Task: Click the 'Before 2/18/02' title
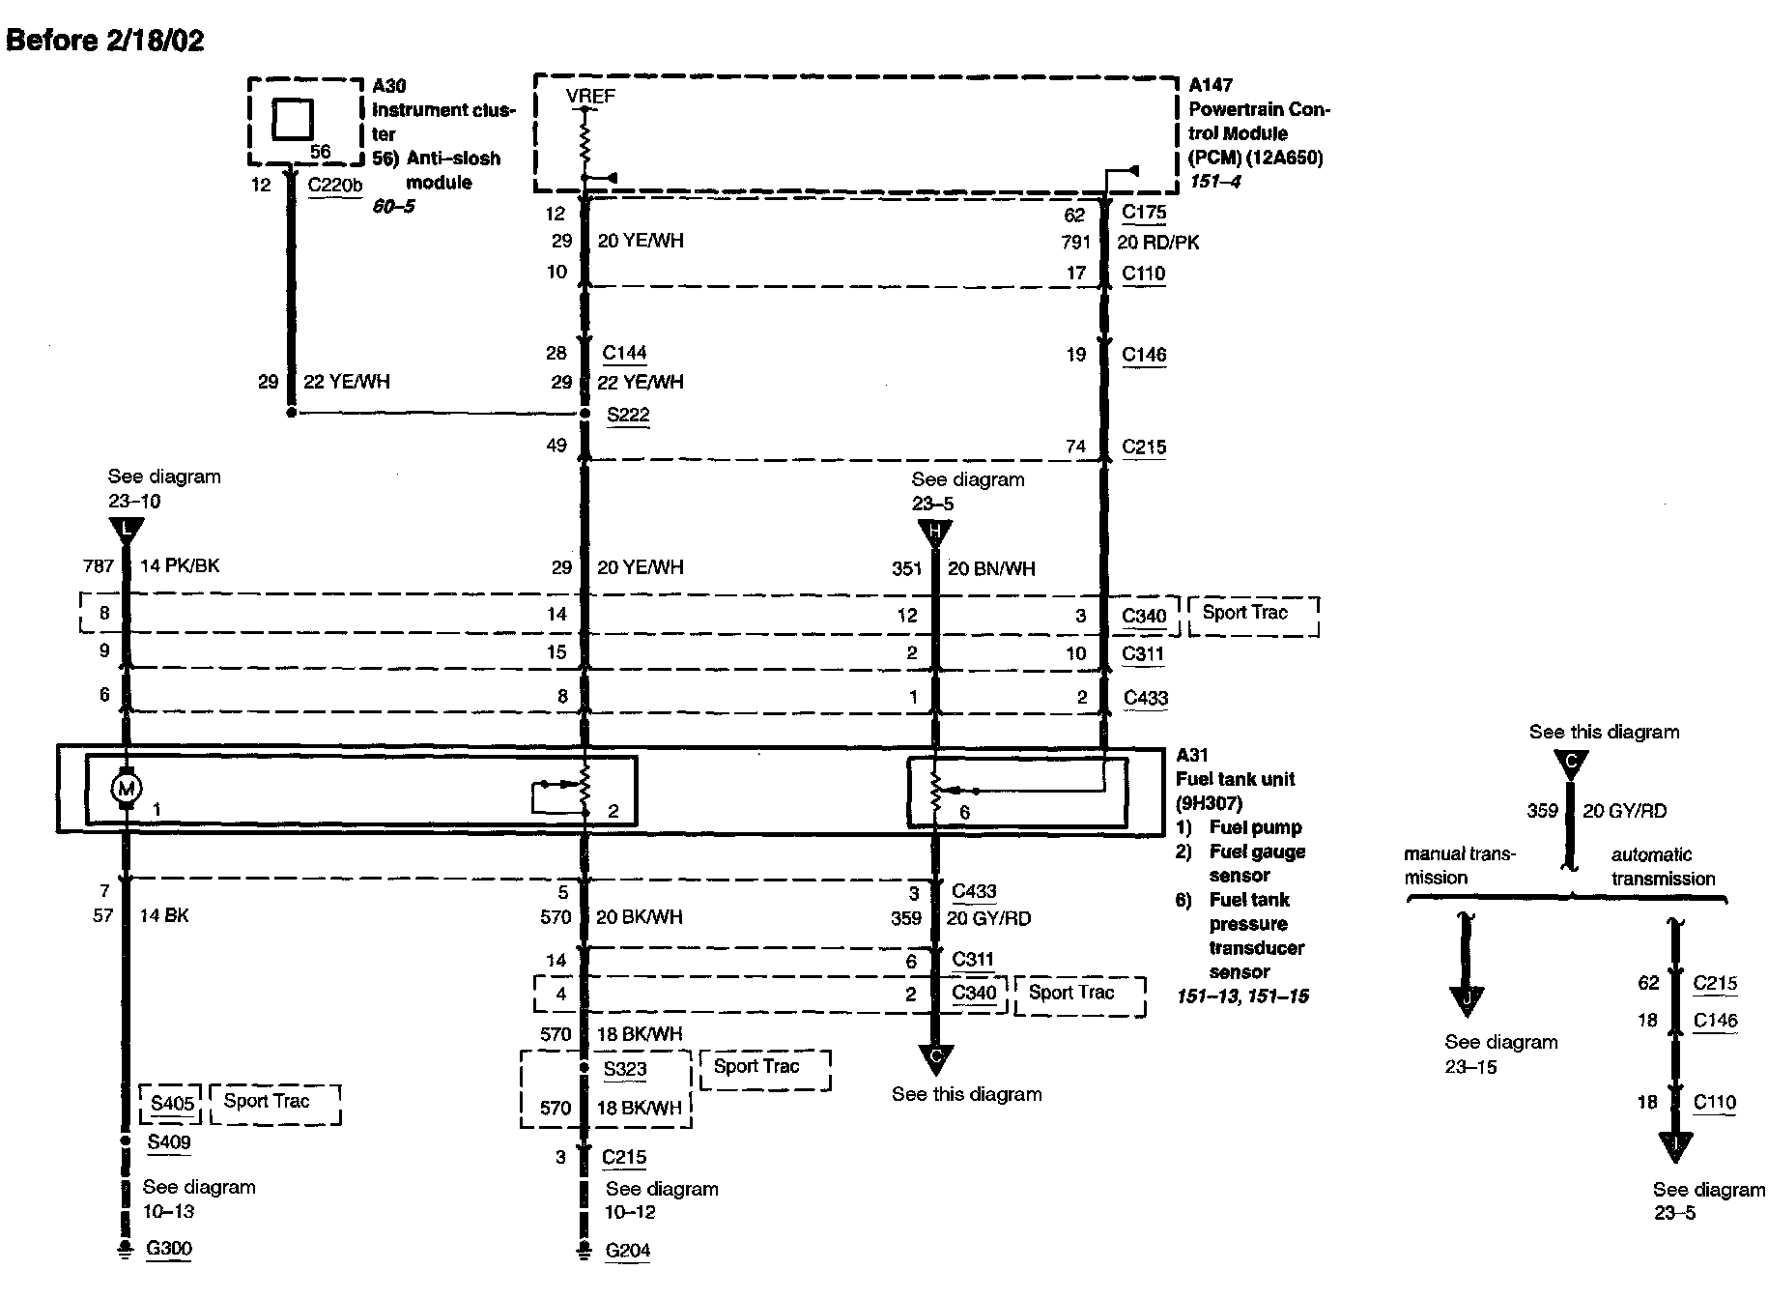click(x=105, y=40)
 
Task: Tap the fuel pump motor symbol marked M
click(x=127, y=789)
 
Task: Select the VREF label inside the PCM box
click(x=590, y=96)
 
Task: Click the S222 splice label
click(x=628, y=415)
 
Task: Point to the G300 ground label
click(x=169, y=1248)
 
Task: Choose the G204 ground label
click(x=628, y=1250)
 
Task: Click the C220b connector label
click(x=334, y=185)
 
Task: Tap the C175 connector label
click(x=1144, y=212)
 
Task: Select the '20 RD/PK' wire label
click(x=1158, y=243)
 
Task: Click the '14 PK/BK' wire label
click(x=180, y=565)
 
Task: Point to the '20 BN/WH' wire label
click(x=991, y=568)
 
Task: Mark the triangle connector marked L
click(x=127, y=530)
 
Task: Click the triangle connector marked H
click(x=934, y=532)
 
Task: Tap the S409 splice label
click(x=169, y=1141)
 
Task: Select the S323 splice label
click(x=625, y=1069)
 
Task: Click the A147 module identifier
click(x=1211, y=85)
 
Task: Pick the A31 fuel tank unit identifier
click(x=1192, y=755)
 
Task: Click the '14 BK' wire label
click(x=164, y=915)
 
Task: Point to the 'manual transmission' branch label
click(x=1459, y=865)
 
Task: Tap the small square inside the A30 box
click(x=292, y=120)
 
